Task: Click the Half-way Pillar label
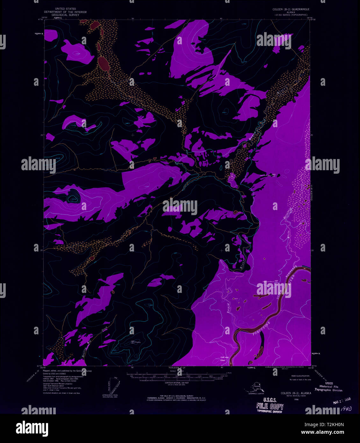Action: point(225,359)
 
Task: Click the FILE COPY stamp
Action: point(270,406)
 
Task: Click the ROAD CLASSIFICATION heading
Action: point(299,376)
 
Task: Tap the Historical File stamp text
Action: point(329,387)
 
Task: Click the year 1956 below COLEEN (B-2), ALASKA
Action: point(296,399)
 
